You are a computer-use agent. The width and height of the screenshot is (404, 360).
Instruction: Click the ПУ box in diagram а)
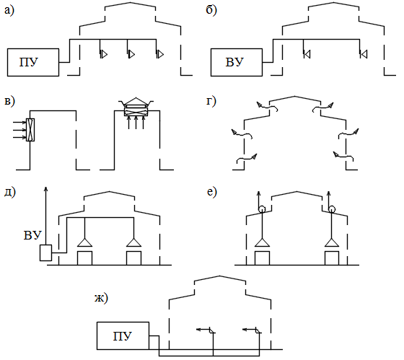click(33, 62)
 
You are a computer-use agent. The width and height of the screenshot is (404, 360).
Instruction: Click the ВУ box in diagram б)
click(237, 62)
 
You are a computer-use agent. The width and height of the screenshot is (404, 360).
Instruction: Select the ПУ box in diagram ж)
click(123, 335)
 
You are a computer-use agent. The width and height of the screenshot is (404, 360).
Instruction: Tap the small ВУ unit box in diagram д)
click(45, 253)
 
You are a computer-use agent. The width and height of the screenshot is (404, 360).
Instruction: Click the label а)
click(9, 11)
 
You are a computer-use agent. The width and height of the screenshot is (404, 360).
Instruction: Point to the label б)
click(211, 10)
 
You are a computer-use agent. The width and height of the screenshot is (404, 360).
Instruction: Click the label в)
click(10, 101)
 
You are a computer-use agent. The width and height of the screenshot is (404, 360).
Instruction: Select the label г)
click(211, 101)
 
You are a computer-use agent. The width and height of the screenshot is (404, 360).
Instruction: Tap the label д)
click(10, 192)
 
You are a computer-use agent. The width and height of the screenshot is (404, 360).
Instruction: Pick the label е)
click(212, 192)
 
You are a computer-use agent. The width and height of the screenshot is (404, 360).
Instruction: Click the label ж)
click(101, 299)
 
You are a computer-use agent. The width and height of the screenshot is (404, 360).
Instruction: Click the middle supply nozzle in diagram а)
click(131, 54)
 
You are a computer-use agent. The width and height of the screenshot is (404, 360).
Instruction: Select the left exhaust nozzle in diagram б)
click(307, 54)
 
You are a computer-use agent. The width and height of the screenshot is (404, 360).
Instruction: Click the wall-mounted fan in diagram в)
click(30, 130)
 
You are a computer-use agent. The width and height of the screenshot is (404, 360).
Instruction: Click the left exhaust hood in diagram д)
click(84, 242)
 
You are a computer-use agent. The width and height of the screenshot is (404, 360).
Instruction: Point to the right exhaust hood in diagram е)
click(332, 242)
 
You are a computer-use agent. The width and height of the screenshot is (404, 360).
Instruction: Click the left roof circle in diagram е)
click(262, 208)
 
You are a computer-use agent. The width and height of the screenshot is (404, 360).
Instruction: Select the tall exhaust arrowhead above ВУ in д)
click(45, 189)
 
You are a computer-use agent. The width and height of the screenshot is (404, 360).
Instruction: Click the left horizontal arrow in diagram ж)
click(203, 329)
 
